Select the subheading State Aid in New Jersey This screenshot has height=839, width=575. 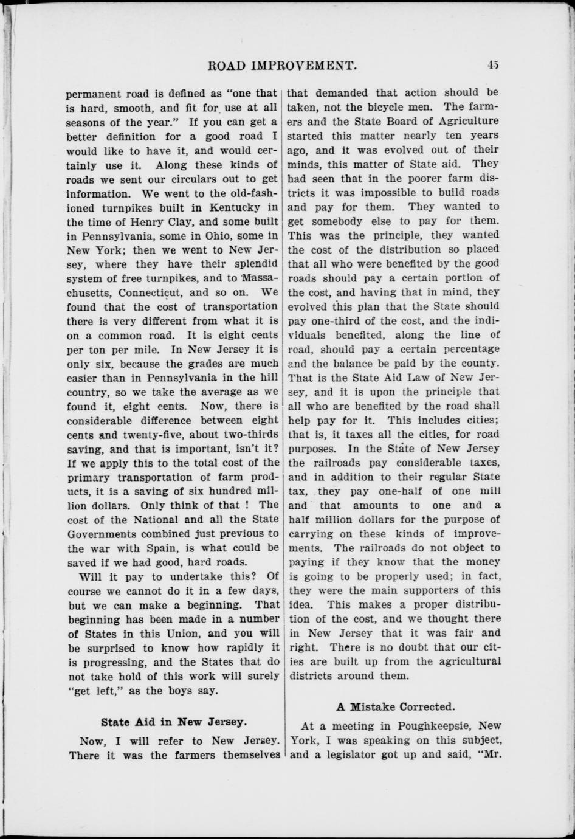[x=174, y=722]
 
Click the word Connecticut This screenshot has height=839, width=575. [x=144, y=292]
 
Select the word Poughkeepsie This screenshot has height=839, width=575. [x=433, y=725]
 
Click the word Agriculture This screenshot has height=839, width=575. [x=465, y=122]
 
